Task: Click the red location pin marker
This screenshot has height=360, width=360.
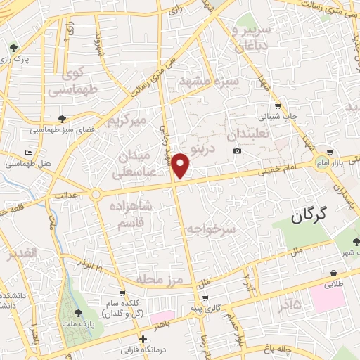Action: point(181,165)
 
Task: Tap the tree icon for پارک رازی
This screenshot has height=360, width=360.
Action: point(13,49)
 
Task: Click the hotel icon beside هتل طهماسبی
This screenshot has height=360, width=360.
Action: point(27,153)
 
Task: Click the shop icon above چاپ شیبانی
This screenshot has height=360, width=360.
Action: point(277,106)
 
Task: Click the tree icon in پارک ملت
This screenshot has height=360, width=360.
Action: point(77,313)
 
